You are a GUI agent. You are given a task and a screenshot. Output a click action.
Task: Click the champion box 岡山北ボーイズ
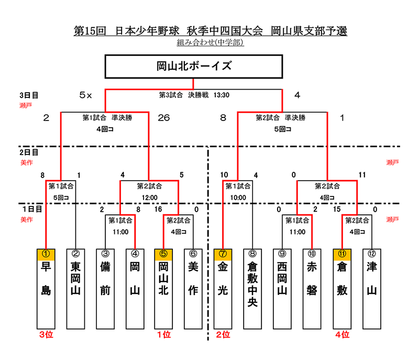(194, 67)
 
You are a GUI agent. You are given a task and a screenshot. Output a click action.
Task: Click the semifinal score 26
(163, 118)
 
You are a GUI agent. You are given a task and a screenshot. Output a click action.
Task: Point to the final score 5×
(85, 95)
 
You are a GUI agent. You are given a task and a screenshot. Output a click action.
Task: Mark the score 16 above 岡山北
(159, 210)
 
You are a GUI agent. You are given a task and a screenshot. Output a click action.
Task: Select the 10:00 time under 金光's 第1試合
(238, 198)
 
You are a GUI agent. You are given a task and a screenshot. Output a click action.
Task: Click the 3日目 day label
(29, 95)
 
